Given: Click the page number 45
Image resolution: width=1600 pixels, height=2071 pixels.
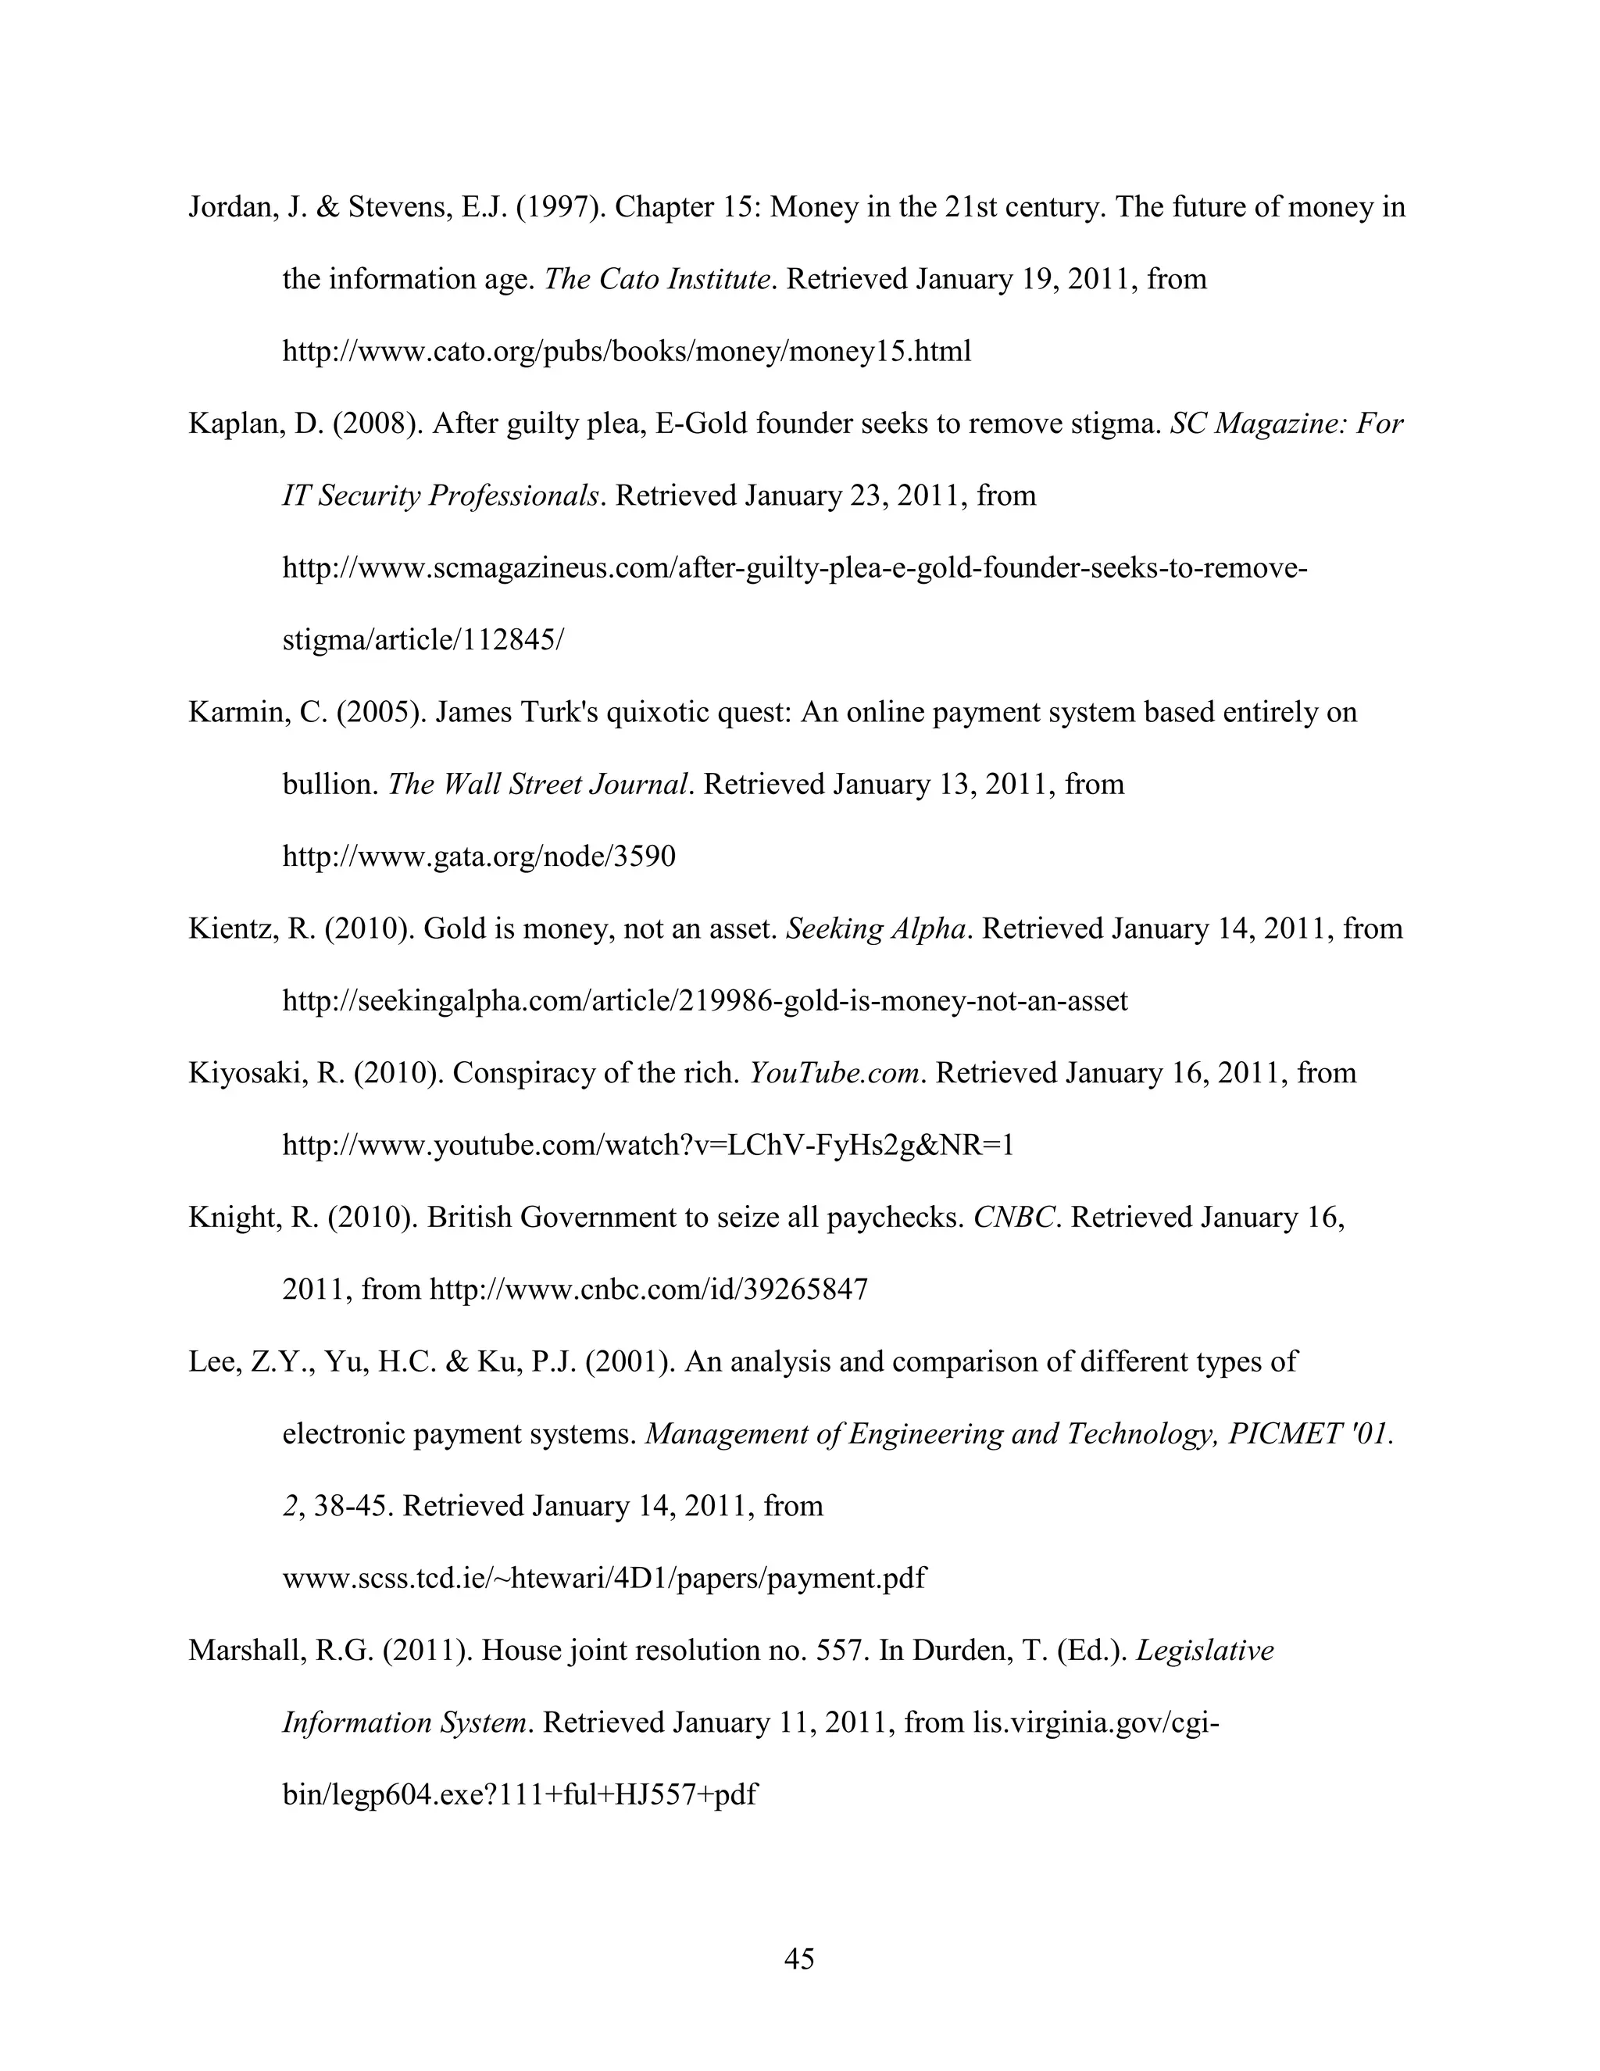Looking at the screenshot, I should tap(799, 1959).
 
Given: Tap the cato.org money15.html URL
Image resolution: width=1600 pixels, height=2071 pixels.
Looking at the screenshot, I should tap(627, 352).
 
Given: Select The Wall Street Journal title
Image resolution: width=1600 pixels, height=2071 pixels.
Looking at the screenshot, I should tap(537, 784).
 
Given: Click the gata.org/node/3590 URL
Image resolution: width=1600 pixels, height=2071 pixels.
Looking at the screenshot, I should tap(479, 857).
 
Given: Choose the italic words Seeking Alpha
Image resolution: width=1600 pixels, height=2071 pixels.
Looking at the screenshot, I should tap(876, 928).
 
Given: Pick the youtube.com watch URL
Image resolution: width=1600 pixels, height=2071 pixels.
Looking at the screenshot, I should tap(648, 1146).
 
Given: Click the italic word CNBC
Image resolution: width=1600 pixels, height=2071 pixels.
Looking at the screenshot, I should tap(1013, 1218).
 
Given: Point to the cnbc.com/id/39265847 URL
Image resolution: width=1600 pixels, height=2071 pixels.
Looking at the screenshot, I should tap(648, 1289).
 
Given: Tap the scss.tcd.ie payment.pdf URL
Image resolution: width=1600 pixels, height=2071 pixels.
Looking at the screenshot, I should tap(604, 1578).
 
